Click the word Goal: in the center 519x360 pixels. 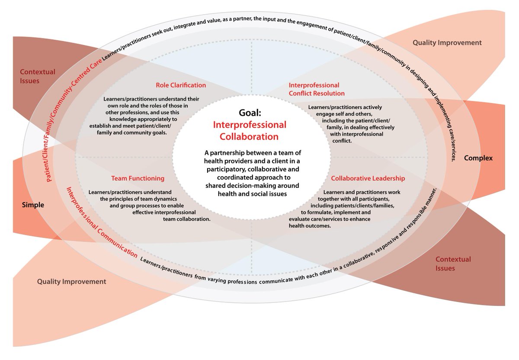[x=250, y=113]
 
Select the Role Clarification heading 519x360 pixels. [x=181, y=85]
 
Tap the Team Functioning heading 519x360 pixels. [x=138, y=178]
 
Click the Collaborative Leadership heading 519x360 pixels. [x=368, y=178]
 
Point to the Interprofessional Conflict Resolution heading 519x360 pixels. [x=317, y=89]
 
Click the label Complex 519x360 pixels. [x=478, y=158]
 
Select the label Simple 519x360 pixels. [x=33, y=205]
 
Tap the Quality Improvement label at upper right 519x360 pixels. [x=447, y=43]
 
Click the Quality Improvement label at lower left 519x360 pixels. [x=72, y=282]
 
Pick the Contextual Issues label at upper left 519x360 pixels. [x=38, y=76]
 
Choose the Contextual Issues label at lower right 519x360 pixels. [x=453, y=264]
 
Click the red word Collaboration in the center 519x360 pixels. [x=249, y=137]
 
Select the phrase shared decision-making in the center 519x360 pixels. [x=239, y=186]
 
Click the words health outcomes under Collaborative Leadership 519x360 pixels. [x=310, y=226]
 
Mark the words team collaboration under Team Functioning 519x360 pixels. [x=187, y=219]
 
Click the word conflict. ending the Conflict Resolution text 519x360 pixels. [x=342, y=141]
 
